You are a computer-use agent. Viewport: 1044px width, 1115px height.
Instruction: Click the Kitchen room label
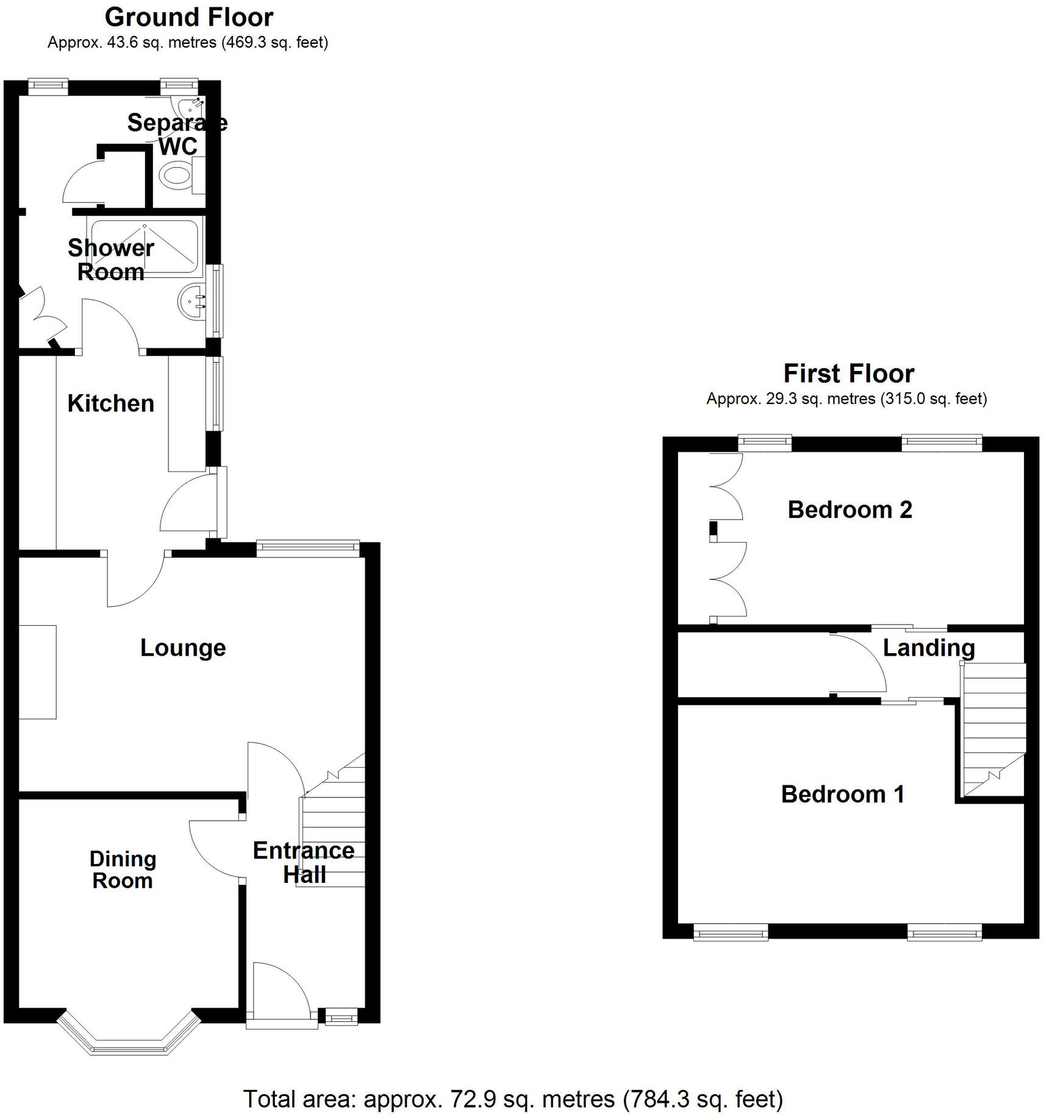[x=110, y=403]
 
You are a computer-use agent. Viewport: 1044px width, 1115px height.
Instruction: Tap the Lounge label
[x=183, y=648]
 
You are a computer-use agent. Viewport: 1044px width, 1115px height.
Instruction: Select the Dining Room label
[x=123, y=869]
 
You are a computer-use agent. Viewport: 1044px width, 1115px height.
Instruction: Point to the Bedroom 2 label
[x=849, y=509]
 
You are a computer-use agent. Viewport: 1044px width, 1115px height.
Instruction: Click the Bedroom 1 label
[x=843, y=794]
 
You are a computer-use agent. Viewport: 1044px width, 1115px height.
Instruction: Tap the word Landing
[x=928, y=648]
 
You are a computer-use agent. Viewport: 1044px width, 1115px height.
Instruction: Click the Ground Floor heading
[x=189, y=17]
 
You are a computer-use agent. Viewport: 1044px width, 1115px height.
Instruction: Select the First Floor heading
[x=848, y=373]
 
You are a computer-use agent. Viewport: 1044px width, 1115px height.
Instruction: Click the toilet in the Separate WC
[x=176, y=175]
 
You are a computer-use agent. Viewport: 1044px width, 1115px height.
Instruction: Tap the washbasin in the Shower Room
[x=191, y=300]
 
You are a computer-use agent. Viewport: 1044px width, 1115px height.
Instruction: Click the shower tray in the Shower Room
[x=144, y=248]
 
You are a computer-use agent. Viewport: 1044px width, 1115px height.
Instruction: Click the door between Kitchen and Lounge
[x=135, y=579]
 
